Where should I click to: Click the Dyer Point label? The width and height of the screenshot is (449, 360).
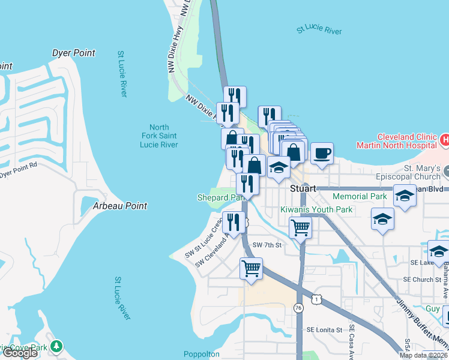(x=73, y=53)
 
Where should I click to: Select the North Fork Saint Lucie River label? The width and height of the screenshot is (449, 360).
(x=158, y=136)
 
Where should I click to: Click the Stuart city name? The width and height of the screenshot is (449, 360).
(x=303, y=188)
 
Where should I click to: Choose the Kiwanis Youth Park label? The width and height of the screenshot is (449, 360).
(x=316, y=209)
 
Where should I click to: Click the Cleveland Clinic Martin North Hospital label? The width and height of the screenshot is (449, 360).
(x=396, y=141)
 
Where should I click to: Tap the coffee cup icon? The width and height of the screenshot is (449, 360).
(x=322, y=153)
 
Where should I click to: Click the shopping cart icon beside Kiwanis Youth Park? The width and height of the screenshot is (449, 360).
(x=300, y=227)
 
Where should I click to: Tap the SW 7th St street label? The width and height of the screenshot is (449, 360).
(x=267, y=245)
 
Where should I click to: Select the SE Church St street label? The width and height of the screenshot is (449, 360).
(x=422, y=280)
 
